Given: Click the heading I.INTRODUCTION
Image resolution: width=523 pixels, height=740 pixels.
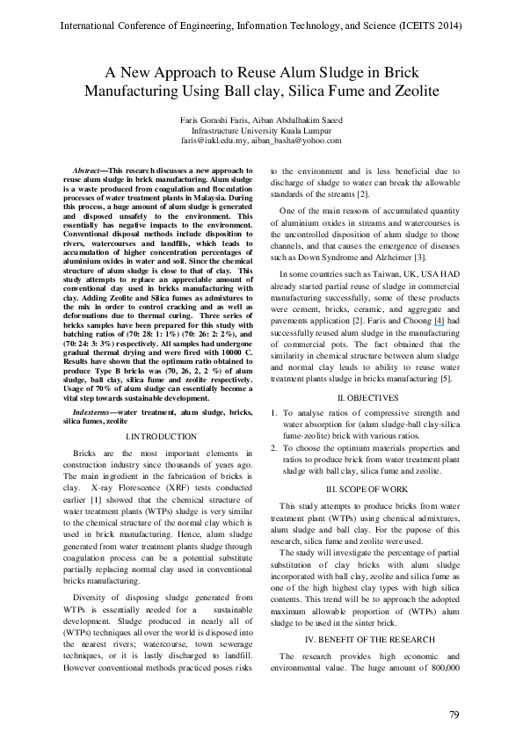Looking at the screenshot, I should pos(161,436).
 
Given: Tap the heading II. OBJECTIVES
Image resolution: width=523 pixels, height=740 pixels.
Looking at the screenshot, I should pos(367,398).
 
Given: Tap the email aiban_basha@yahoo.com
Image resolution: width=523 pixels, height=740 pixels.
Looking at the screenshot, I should pos(295,141).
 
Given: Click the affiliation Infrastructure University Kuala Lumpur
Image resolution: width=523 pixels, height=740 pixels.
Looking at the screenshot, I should pos(261,130).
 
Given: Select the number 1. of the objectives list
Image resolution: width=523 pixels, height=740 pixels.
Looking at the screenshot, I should pos(274,413).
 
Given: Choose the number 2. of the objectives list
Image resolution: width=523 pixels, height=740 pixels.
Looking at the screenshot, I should pos(274,447).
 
